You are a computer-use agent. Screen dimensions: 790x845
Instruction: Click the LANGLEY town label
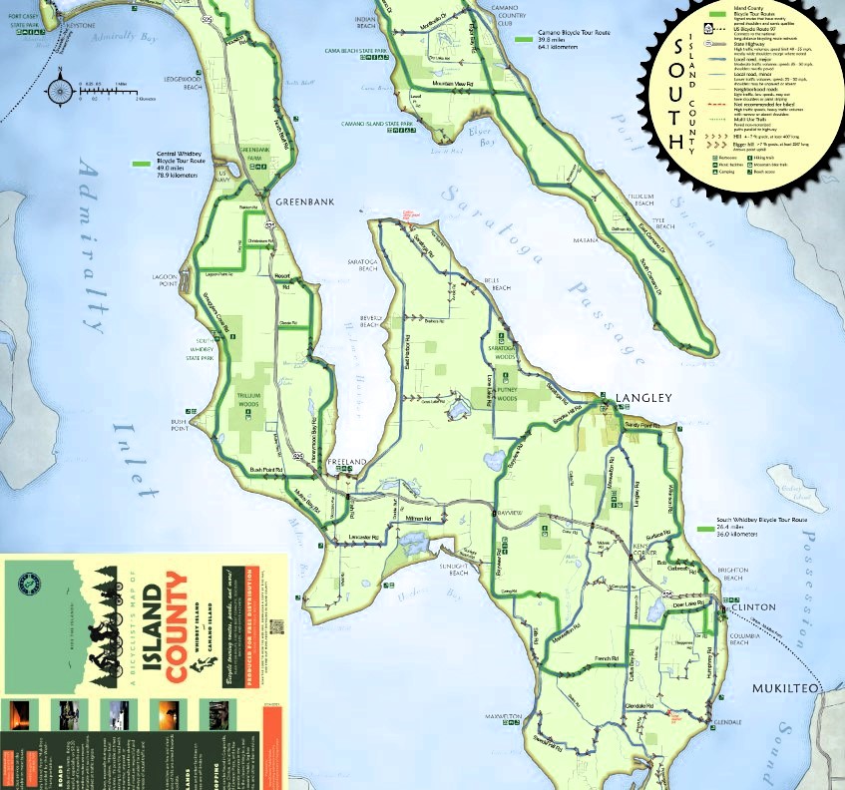pyautogui.click(x=644, y=398)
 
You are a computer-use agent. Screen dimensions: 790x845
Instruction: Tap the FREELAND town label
pyautogui.click(x=345, y=463)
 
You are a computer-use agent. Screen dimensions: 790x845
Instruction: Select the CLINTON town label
pyautogui.click(x=752, y=606)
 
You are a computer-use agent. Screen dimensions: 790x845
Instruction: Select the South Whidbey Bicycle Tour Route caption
pyautogui.click(x=761, y=527)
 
